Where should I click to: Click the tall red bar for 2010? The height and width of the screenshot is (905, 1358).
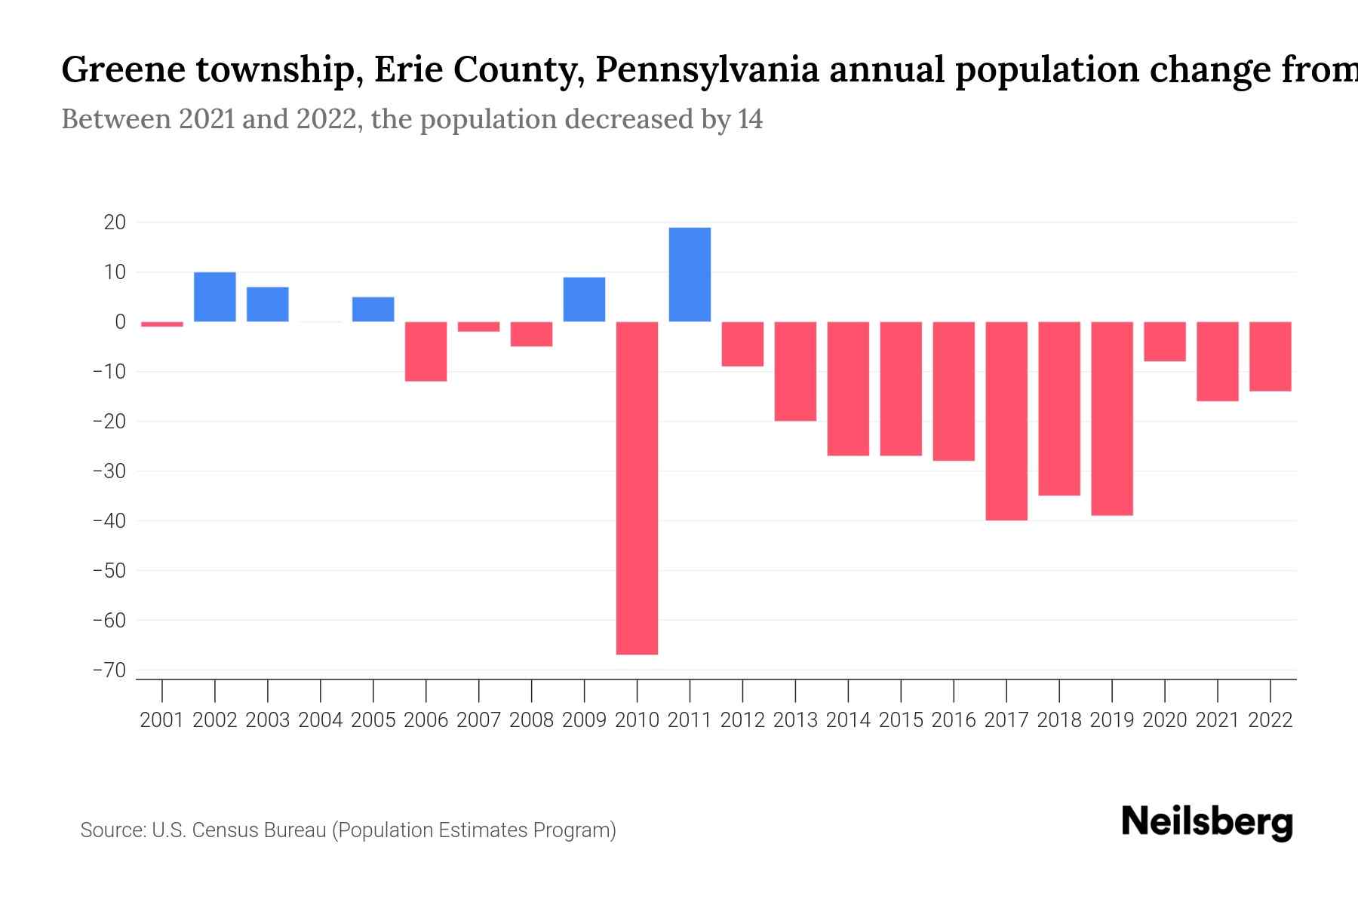637,488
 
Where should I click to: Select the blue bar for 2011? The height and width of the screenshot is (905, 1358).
690,275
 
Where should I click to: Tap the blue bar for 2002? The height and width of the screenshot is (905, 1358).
215,297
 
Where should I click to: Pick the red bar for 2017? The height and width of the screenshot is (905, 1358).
1006,421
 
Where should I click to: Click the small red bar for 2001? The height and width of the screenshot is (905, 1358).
162,324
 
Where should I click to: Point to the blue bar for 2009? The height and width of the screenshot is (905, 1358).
584,299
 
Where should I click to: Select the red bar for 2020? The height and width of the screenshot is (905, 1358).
1165,342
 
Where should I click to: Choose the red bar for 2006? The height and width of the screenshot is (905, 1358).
426,351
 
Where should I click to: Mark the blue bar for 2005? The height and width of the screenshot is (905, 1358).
373,309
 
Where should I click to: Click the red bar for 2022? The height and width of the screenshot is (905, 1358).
1270,357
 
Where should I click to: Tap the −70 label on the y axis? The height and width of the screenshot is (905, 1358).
109,670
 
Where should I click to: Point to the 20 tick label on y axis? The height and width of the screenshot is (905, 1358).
115,222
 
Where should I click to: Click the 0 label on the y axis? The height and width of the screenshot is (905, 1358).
121,322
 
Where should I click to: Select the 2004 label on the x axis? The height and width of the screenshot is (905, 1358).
321,720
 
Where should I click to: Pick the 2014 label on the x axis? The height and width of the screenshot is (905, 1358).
848,720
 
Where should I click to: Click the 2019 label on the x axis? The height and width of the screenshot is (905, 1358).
1112,720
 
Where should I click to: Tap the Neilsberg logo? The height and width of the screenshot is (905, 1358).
1207,822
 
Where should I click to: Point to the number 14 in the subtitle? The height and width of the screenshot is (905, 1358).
750,119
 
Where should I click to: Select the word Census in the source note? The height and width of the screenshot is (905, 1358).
226,830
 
